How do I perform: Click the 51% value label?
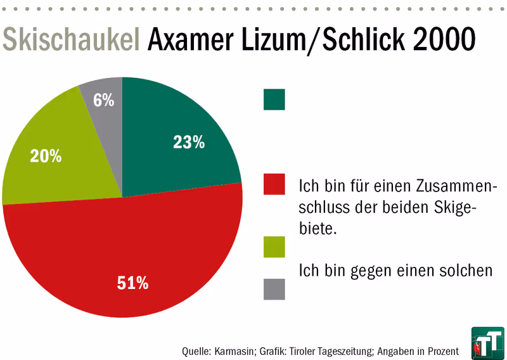click(132, 283)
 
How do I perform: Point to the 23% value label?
click(189, 143)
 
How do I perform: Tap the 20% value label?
click(46, 155)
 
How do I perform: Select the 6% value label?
click(103, 100)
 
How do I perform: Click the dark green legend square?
click(274, 100)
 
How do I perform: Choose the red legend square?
click(274, 184)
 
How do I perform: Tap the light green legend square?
click(274, 247)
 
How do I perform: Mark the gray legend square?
click(274, 288)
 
